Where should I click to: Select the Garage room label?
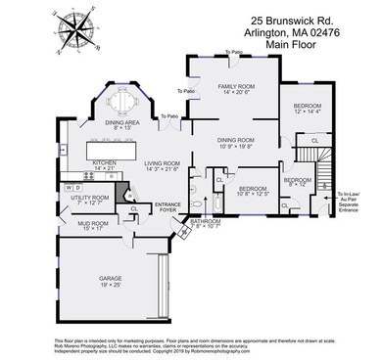click(x=110, y=282)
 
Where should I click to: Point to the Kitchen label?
click(x=105, y=165)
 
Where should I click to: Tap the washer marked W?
click(x=69, y=186)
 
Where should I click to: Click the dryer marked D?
click(x=78, y=186)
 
